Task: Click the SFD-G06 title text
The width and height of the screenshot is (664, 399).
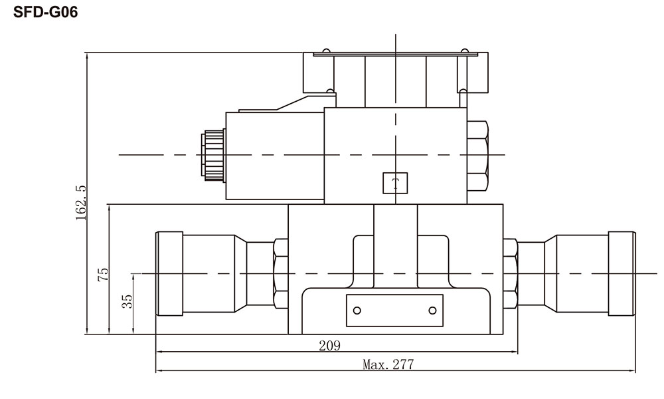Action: click(x=45, y=12)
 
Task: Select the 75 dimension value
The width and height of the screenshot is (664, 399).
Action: click(x=103, y=275)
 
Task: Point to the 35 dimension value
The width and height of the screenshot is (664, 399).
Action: click(x=127, y=301)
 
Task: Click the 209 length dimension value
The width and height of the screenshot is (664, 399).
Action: click(x=329, y=346)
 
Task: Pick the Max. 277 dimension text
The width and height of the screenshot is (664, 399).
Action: click(x=388, y=364)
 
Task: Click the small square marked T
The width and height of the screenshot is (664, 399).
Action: click(x=395, y=183)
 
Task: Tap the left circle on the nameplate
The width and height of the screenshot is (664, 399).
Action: click(x=357, y=311)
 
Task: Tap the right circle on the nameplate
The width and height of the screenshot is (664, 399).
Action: click(x=432, y=311)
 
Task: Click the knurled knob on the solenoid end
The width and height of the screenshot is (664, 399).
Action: click(x=213, y=156)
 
